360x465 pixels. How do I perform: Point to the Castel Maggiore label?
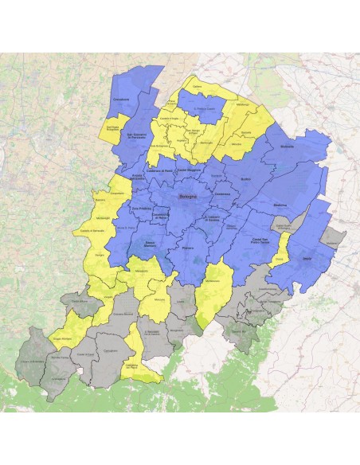point(190,170)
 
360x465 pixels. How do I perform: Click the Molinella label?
point(288,148)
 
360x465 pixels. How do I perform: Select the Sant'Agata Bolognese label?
point(112,126)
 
